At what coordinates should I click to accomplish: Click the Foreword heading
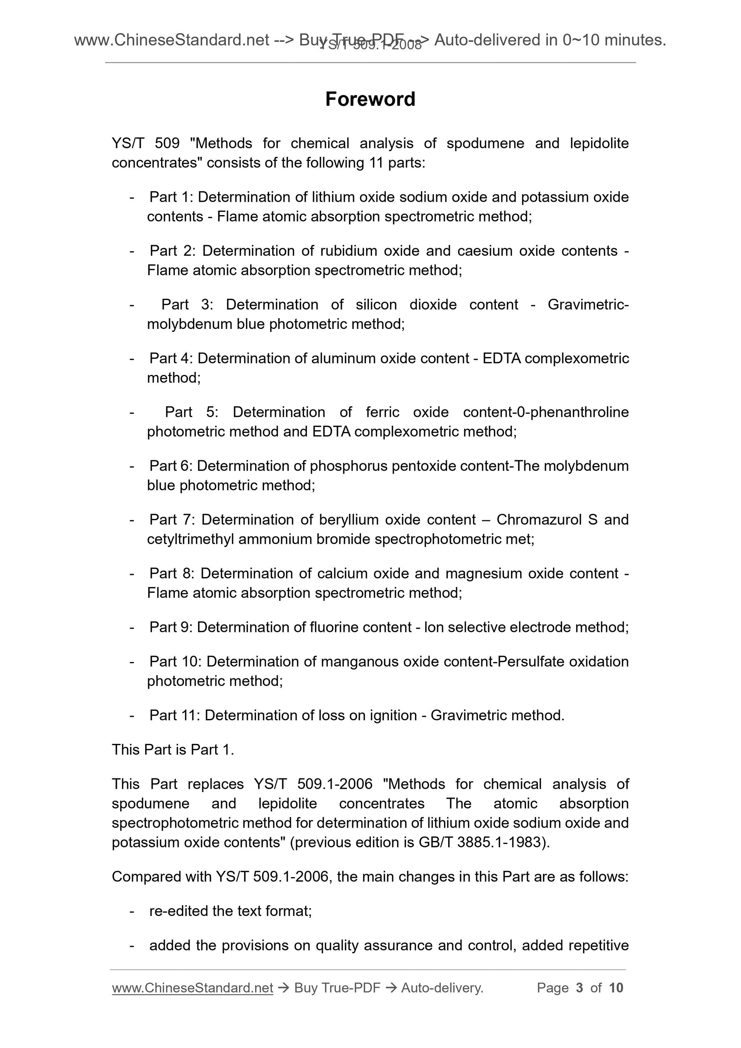pyautogui.click(x=370, y=99)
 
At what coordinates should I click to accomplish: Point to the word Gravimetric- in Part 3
pyautogui.click(x=588, y=305)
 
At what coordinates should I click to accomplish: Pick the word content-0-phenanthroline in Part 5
pyautogui.click(x=546, y=412)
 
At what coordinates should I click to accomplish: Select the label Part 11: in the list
pyautogui.click(x=175, y=715)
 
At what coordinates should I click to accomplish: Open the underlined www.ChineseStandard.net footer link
pyautogui.click(x=192, y=988)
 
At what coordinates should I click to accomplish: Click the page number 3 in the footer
pyautogui.click(x=580, y=988)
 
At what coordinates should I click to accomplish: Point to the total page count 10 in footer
pyautogui.click(x=616, y=988)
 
